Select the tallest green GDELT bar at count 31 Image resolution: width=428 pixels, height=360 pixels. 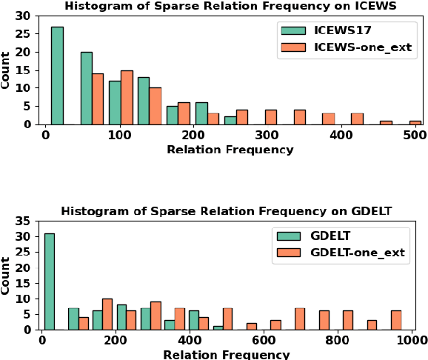49,281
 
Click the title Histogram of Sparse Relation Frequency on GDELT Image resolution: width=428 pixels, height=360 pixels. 226,212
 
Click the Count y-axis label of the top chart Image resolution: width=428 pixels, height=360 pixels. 7,70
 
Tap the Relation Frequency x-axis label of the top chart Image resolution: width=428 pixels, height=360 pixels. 230,150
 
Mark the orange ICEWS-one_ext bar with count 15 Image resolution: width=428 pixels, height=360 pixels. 127,97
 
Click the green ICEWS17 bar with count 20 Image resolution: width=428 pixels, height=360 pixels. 87,88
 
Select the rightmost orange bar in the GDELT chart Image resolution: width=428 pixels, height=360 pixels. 396,320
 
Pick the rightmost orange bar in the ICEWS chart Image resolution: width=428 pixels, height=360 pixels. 415,122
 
